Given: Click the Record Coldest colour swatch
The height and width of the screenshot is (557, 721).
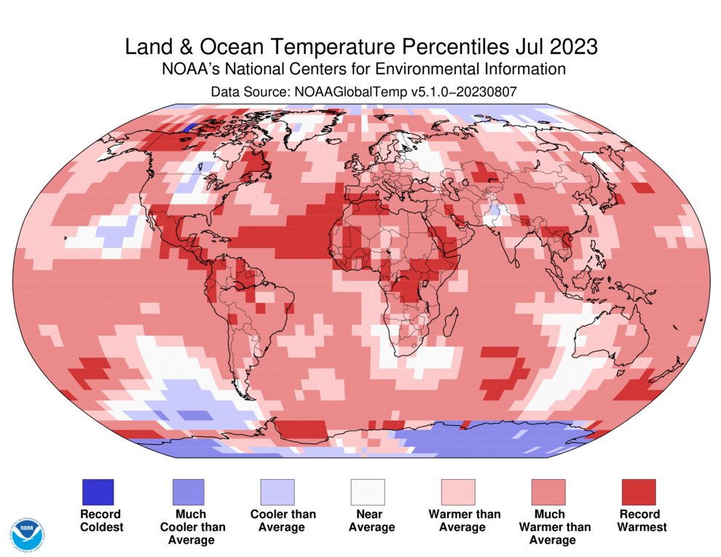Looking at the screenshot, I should [98, 492].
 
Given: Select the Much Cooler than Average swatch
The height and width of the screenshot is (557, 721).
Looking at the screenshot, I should [188, 492].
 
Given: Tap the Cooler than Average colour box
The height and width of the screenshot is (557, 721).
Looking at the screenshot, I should [277, 492].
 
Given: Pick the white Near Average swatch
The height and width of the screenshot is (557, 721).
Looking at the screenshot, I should [367, 492].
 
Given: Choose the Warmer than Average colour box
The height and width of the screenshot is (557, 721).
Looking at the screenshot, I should [457, 492].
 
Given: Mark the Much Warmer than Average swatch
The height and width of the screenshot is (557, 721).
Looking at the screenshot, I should [548, 492].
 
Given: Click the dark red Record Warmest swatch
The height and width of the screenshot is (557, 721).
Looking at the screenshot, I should [638, 492].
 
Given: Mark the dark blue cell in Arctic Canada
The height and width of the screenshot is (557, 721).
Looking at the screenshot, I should [188, 127].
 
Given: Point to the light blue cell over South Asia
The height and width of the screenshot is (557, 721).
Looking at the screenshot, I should [495, 212].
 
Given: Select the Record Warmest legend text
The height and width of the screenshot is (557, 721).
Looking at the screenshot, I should [638, 520].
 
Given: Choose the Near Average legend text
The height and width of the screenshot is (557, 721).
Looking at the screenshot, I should [367, 520].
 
